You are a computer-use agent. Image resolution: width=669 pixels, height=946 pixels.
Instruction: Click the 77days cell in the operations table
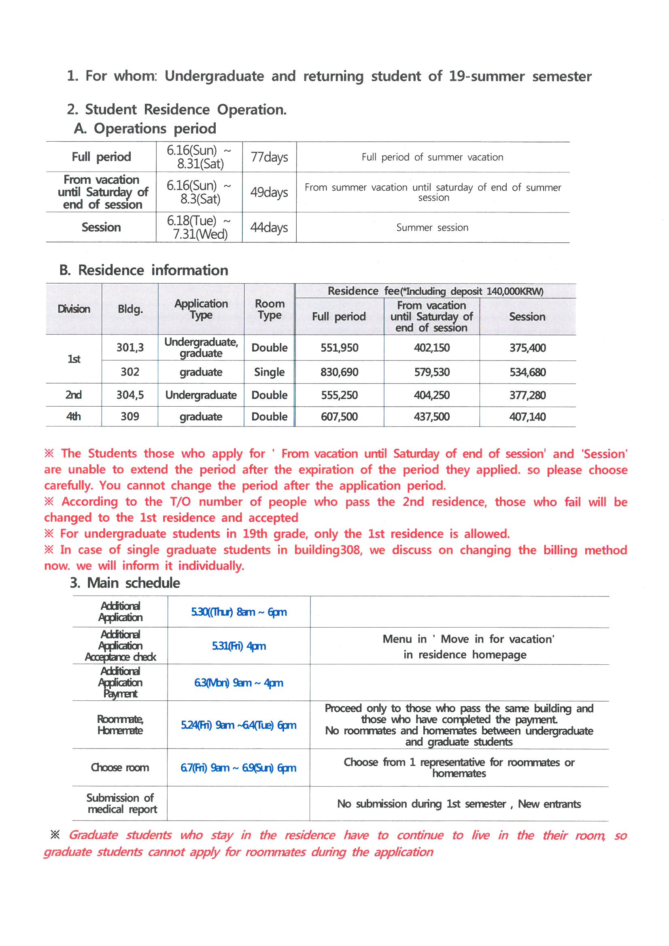point(269,157)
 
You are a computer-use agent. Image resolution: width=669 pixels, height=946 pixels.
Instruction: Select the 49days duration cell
point(269,192)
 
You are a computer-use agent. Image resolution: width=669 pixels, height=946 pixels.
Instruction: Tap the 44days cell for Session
point(269,227)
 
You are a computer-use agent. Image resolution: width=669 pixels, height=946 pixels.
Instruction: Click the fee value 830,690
point(339,372)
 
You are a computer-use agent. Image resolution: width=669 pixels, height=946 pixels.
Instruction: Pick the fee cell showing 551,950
point(339,348)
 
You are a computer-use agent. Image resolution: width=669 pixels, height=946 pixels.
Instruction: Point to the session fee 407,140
point(527,416)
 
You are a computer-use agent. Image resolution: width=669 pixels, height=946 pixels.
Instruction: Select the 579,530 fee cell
point(431,372)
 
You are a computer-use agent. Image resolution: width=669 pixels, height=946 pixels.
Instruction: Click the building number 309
point(130,416)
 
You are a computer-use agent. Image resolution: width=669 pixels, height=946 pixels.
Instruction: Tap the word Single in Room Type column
point(269,372)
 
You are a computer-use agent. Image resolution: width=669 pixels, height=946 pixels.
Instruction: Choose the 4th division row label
point(74,416)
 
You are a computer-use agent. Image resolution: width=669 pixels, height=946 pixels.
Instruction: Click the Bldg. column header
point(130,309)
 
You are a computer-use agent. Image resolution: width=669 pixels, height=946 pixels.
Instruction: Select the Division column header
point(74,309)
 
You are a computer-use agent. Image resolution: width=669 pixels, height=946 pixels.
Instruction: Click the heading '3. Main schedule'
point(125,583)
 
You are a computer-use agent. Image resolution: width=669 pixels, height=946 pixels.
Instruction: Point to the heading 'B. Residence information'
point(143,270)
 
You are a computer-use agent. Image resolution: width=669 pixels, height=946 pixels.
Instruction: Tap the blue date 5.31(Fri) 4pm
point(239,646)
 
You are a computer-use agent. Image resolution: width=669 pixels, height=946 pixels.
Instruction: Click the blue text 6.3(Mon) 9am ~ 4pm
point(239,683)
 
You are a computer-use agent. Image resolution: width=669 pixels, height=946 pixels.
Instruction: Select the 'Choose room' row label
point(120,768)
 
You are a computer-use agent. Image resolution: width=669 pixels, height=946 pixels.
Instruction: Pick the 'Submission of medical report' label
point(121,804)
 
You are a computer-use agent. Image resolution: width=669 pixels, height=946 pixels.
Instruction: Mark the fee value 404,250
point(431,395)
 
